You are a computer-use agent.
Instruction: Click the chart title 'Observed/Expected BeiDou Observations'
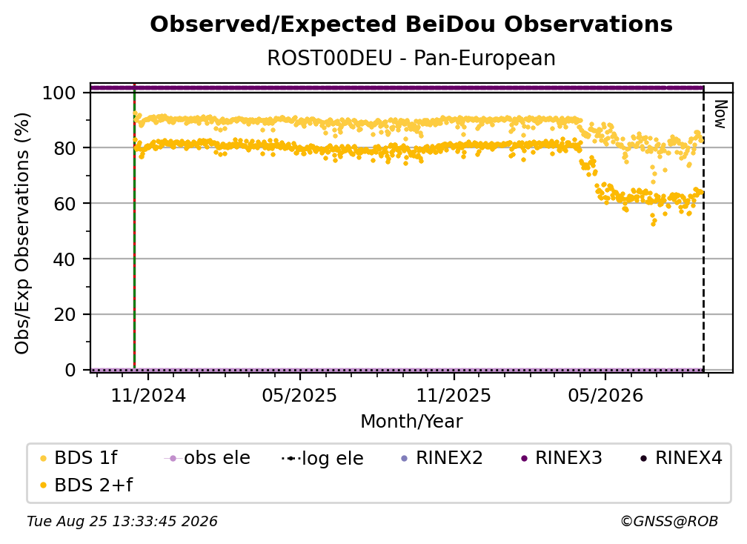tap(411, 24)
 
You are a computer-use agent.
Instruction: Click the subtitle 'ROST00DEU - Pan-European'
tap(411, 58)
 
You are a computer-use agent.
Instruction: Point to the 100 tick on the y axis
tap(59, 93)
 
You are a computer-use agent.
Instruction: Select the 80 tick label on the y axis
tap(64, 148)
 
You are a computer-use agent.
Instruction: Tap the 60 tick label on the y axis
tap(64, 204)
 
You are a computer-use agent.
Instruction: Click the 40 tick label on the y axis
tap(64, 259)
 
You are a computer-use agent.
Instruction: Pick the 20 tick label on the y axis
tap(64, 315)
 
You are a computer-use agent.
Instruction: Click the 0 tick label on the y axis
tap(70, 370)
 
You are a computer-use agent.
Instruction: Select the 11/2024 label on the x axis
tap(148, 395)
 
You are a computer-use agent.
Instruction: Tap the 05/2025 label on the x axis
tap(299, 395)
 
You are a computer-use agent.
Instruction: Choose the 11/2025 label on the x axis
tap(454, 395)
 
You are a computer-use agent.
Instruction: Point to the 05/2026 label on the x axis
tap(605, 395)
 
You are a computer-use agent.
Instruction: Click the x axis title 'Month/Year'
tap(411, 421)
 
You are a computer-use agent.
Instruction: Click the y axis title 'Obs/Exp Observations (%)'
tap(22, 233)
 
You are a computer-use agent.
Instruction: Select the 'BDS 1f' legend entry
tap(79, 458)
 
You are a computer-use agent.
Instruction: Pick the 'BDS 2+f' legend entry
tap(86, 485)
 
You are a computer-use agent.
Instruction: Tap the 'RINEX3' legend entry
tap(562, 458)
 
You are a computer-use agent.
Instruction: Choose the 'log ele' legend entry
tap(322, 458)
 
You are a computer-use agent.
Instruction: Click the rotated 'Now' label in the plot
tap(720, 114)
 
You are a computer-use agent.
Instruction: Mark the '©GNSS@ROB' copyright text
tap(669, 521)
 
